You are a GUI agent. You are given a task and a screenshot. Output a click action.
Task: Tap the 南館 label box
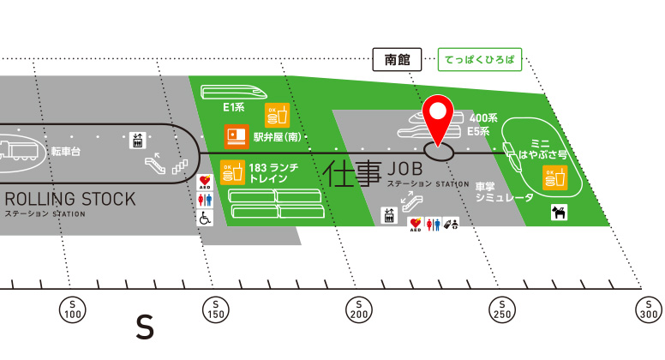(x=396, y=60)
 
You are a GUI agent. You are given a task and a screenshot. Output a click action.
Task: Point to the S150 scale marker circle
(x=215, y=309)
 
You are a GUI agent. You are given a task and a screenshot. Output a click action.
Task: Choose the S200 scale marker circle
(x=358, y=309)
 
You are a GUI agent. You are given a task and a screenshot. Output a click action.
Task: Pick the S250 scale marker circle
(x=501, y=309)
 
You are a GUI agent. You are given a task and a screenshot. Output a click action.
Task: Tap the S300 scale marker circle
(x=645, y=309)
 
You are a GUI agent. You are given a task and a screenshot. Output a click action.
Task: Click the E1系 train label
(x=234, y=108)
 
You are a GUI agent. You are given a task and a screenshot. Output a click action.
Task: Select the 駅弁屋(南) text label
(x=280, y=136)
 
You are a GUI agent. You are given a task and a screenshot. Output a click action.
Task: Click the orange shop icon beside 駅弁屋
(x=236, y=136)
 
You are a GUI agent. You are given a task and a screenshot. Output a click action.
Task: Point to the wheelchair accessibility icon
(x=206, y=218)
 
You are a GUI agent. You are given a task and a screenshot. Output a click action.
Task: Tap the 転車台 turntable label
(x=65, y=150)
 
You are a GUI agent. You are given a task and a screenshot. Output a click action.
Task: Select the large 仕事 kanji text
(x=352, y=174)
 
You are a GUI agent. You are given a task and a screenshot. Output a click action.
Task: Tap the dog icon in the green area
(x=560, y=212)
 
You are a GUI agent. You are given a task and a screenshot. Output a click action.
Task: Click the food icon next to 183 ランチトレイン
(x=232, y=172)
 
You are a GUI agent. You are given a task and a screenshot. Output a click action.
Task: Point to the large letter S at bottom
(x=146, y=327)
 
